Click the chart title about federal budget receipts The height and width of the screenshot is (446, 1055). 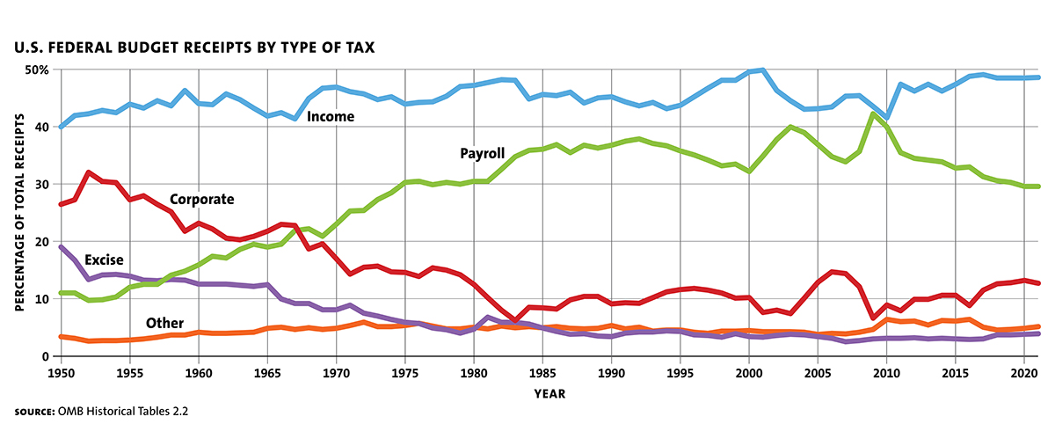(194, 46)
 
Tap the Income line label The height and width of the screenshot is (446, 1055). (331, 116)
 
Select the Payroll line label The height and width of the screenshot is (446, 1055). (483, 153)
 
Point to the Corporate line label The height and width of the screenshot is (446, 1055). (201, 200)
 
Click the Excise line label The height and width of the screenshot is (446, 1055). (104, 260)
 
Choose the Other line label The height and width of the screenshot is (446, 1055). (165, 324)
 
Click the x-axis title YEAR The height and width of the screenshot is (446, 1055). (549, 393)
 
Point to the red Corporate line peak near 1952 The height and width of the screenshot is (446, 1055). (89, 172)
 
